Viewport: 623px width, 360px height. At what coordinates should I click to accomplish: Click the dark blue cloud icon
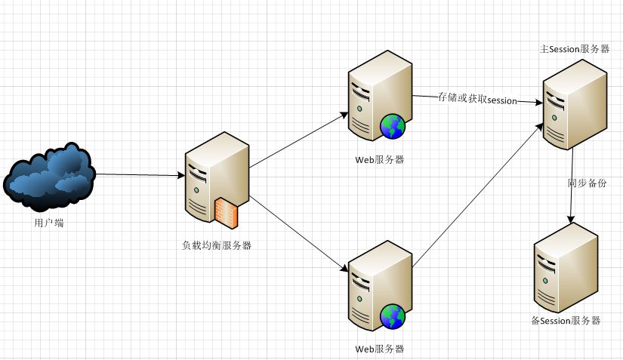pyautogui.click(x=49, y=175)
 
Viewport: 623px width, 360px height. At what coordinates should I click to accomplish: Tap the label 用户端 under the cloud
pyautogui.click(x=49, y=223)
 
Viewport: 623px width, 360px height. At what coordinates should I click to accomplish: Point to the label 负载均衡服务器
pyautogui.click(x=217, y=245)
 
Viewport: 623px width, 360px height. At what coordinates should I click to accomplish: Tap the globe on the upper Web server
pyautogui.click(x=393, y=126)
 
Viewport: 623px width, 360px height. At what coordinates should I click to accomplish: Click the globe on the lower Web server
pyautogui.click(x=393, y=316)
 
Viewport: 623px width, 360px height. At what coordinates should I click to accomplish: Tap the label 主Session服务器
pyautogui.click(x=575, y=49)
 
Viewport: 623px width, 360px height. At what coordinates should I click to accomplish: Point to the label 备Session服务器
pyautogui.click(x=566, y=321)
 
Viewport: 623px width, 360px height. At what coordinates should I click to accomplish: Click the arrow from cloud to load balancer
pyautogui.click(x=140, y=175)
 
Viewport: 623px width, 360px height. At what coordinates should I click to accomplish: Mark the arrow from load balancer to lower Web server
pyautogui.click(x=298, y=233)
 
